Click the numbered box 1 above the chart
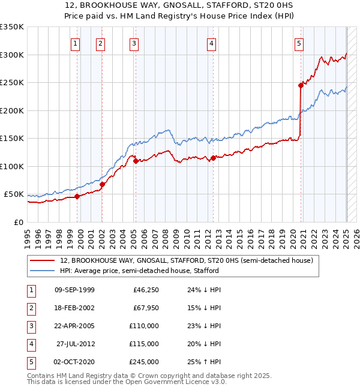pos(76,43)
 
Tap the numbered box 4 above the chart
pos(212,43)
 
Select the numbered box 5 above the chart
pos(299,43)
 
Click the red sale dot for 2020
pos(301,85)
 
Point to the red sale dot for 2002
pos(102,184)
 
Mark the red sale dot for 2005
pos(136,161)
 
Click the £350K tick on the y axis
pos(12,27)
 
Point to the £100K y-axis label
pos(12,166)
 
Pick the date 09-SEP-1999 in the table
pos(74,290)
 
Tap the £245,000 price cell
pos(144,362)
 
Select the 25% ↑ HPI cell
pos(203,362)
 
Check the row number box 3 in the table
pos(30,326)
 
